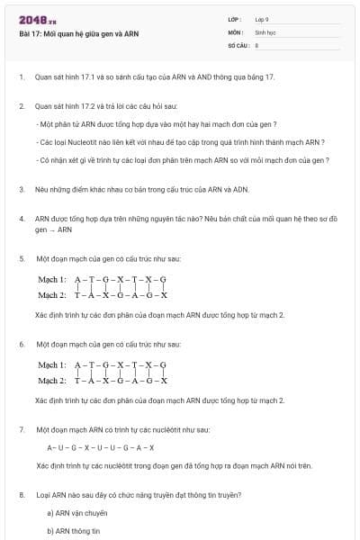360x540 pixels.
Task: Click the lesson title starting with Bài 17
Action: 78,33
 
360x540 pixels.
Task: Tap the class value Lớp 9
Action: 262,19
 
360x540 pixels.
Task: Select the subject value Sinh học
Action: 265,31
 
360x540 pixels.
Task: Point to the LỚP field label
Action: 235,19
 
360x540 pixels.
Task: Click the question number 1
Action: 22,77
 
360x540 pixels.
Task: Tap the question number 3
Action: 22,189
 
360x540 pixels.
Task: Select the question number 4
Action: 22,218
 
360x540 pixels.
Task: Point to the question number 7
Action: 22,429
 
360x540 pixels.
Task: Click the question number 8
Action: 22,494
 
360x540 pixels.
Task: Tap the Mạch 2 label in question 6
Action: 51,380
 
